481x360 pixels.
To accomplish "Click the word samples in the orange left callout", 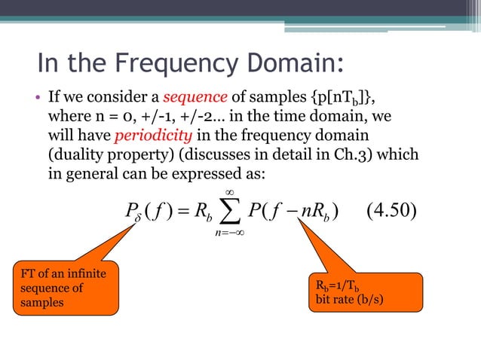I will (x=32, y=303).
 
